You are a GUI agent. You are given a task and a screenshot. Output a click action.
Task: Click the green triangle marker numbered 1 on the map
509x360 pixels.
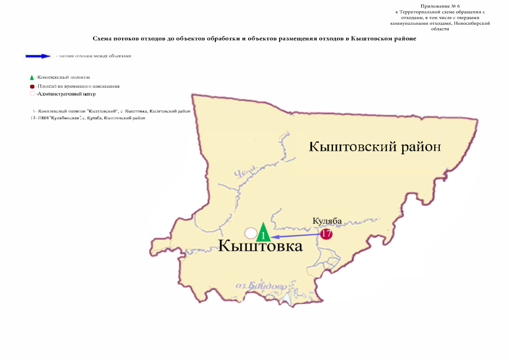[263, 233]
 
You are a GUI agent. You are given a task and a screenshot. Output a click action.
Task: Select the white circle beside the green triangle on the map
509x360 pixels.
[251, 232]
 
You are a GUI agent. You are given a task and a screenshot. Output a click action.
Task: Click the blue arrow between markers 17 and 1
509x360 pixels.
[295, 235]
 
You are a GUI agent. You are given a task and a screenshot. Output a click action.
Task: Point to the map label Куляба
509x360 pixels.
[327, 221]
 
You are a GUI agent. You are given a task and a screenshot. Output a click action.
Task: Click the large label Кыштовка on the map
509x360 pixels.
[260, 246]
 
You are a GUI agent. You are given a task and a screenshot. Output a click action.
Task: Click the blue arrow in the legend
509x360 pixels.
[38, 56]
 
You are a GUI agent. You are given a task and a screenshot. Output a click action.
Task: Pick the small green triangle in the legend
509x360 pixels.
[31, 77]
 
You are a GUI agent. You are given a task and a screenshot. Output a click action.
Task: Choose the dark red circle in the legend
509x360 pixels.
[32, 87]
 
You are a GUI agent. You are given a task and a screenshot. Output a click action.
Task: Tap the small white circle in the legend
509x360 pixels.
[32, 94]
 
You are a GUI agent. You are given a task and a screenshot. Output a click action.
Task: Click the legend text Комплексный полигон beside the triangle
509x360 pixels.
[64, 77]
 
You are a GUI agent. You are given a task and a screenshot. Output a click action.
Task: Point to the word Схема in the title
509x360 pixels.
[104, 38]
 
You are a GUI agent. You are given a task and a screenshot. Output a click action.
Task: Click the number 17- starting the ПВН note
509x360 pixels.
[33, 118]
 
